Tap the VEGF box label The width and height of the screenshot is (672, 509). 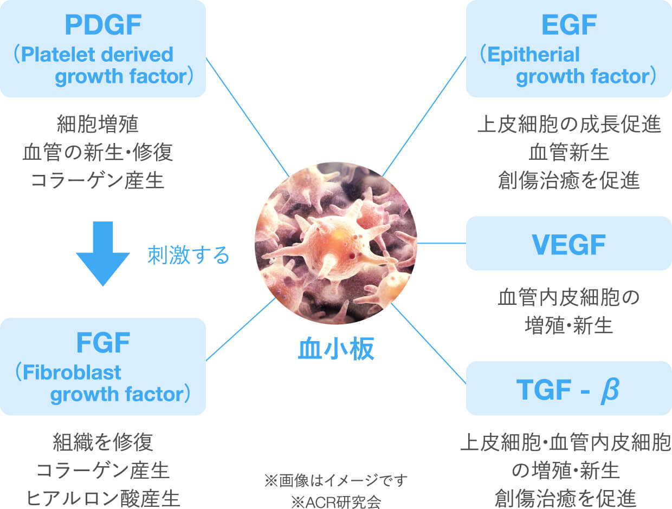tap(569, 245)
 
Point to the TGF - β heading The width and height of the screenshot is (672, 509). tap(569, 390)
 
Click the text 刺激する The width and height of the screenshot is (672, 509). tap(189, 255)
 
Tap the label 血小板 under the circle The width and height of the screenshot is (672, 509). tap(336, 349)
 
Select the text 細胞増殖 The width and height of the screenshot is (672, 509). tap(98, 125)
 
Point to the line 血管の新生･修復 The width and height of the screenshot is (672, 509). tap(98, 153)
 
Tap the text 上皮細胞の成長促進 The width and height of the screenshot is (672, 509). tap(569, 125)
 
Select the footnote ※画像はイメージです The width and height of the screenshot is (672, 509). tap(336, 480)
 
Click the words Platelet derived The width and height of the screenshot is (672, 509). tap(98, 55)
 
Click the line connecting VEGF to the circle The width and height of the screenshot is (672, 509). tap(442, 244)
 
